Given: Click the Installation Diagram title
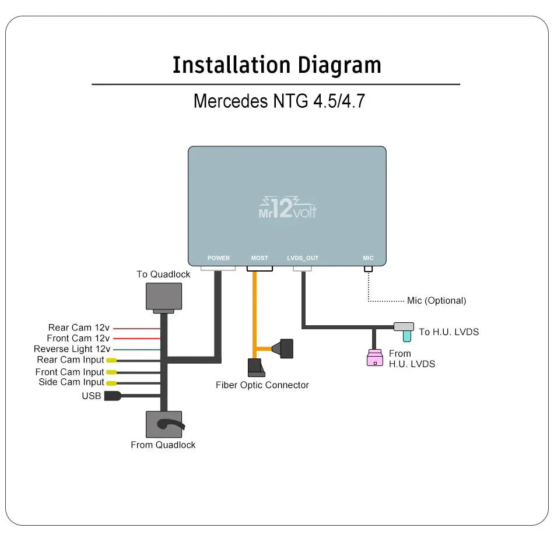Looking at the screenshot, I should [x=276, y=65].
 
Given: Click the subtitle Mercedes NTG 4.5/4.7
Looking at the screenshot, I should [x=279, y=101].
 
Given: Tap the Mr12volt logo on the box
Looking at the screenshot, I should [x=287, y=208].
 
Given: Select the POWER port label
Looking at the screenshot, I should [x=219, y=258].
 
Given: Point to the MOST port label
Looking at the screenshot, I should [x=260, y=258].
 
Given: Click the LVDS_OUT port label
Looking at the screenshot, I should [x=303, y=258].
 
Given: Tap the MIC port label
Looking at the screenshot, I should [x=368, y=258].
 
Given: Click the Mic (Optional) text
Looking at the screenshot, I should [x=436, y=301].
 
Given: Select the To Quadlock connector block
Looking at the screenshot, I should [x=163, y=297].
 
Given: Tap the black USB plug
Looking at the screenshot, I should [x=111, y=396].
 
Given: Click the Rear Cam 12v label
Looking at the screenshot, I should [x=79, y=328].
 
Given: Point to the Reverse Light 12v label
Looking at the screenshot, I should [x=72, y=349].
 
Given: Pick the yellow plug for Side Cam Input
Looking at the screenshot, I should [x=111, y=383].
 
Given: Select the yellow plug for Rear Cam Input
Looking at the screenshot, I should [x=111, y=360].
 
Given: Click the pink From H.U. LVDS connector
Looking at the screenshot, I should [x=374, y=358].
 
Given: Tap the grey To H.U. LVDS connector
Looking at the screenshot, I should [x=404, y=327].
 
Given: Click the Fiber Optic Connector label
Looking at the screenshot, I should [x=262, y=385].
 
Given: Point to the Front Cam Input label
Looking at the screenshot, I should [x=69, y=372].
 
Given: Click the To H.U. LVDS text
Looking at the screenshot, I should [x=448, y=332].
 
